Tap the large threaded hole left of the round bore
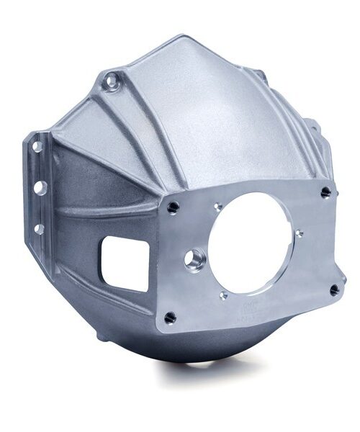[x=194, y=260]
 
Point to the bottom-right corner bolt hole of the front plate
[x=334, y=289]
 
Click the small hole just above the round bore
[x=217, y=207]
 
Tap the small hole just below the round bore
[x=224, y=294]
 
